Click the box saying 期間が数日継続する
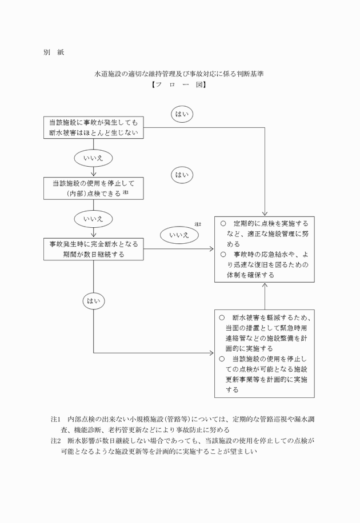pyautogui.click(x=93, y=249)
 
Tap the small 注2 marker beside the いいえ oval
pyautogui.click(x=198, y=224)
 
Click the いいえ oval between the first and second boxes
pyautogui.click(x=93, y=158)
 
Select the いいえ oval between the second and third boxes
pyautogui.click(x=93, y=218)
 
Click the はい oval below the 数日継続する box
pyautogui.click(x=93, y=299)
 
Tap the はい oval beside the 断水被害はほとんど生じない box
pyautogui.click(x=182, y=114)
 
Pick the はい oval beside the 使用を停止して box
pyautogui.click(x=182, y=175)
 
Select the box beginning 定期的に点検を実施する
pyautogui.click(x=264, y=249)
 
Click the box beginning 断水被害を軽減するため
pyautogui.click(x=264, y=354)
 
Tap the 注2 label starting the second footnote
pyautogui.click(x=56, y=441)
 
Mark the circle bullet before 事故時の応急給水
pyautogui.click(x=222, y=254)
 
